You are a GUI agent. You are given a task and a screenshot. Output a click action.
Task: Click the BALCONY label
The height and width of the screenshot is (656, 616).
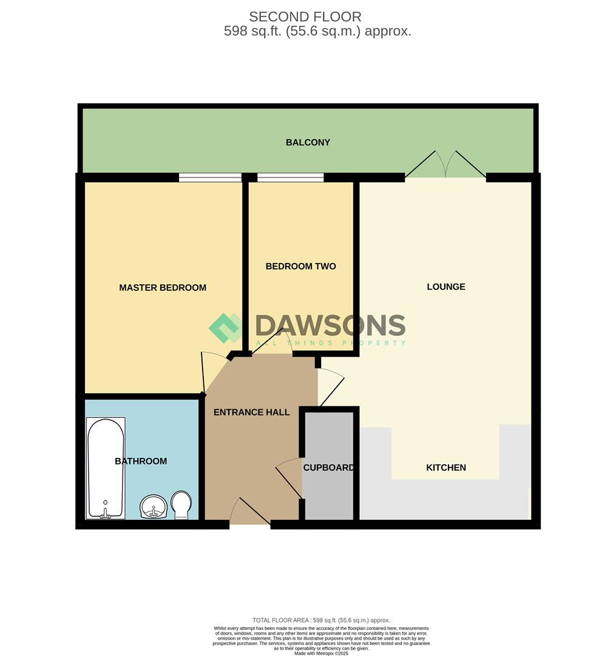tap(308, 142)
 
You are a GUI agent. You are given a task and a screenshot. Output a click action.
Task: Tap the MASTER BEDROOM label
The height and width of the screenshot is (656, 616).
tap(163, 287)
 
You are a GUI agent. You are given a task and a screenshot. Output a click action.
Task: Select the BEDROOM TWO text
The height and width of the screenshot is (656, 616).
tap(301, 266)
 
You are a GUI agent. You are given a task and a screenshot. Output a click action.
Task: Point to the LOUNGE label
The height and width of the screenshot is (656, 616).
tap(446, 287)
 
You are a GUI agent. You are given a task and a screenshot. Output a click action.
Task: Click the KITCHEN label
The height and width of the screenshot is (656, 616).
tap(446, 467)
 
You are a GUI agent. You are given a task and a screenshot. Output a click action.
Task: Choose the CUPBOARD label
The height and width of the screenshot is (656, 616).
tap(329, 467)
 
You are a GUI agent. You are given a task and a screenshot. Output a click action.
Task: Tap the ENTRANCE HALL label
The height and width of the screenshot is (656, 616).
tap(252, 412)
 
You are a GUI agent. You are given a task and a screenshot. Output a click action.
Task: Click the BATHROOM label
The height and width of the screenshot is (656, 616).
tap(141, 461)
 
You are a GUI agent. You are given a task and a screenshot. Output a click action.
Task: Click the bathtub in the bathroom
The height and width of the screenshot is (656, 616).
tap(106, 468)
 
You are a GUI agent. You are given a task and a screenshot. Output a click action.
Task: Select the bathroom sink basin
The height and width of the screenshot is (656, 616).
tap(154, 507)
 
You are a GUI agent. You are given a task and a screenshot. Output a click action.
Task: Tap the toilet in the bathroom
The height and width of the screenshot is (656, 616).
tap(181, 505)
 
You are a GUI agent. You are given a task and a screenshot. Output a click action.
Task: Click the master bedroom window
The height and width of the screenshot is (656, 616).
tap(210, 177)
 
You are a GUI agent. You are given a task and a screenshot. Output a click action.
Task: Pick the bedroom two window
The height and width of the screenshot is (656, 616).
tap(291, 177)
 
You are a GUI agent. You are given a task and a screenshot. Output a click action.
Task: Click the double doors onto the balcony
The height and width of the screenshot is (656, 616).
tap(445, 165)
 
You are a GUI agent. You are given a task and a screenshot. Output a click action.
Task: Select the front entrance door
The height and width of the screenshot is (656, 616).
tap(250, 511)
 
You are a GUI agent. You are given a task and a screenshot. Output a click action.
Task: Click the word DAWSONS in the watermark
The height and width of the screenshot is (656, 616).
tap(330, 326)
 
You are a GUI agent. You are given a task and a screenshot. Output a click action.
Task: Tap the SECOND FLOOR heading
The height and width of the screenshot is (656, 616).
tap(305, 17)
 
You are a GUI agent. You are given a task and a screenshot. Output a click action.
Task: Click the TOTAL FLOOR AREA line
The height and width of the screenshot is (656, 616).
tap(321, 620)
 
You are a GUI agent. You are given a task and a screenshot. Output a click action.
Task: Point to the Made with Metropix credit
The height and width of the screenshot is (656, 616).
tap(321, 653)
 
